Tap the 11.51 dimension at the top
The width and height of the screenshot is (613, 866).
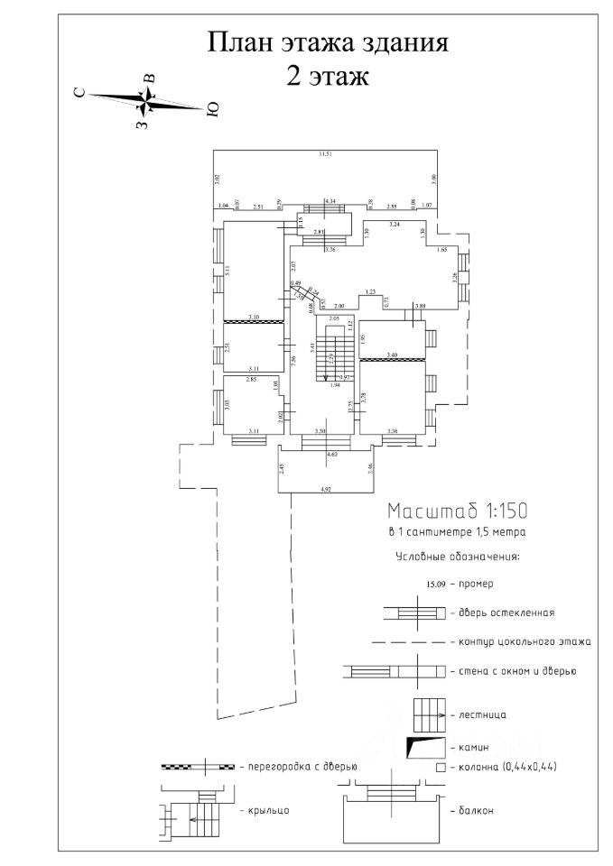325,154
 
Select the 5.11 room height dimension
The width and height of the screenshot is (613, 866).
229,268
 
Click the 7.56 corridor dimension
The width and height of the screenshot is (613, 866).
294,360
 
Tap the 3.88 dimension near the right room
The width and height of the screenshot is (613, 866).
420,307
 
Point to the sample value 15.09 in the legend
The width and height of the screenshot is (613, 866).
428,584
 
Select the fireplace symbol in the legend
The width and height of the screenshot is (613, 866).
427,747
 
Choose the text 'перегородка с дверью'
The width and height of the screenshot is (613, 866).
302,766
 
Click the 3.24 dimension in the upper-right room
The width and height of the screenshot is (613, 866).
394,223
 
